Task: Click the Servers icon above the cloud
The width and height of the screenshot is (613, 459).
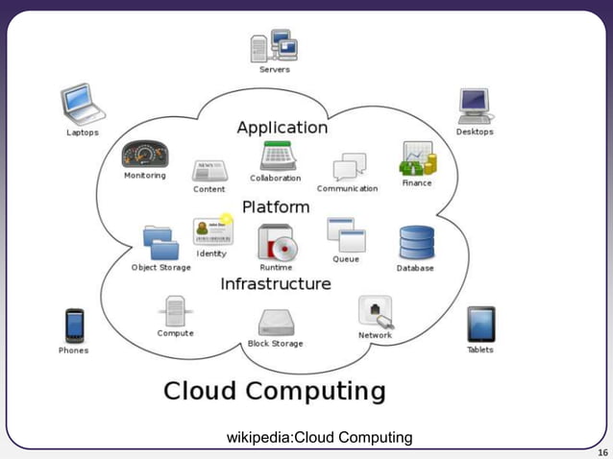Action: click(x=273, y=45)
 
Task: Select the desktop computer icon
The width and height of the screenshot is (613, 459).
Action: click(x=475, y=104)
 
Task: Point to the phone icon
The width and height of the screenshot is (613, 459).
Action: click(x=73, y=326)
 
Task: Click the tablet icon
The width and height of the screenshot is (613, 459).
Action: click(x=480, y=325)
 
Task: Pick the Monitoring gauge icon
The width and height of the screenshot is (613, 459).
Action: click(x=144, y=154)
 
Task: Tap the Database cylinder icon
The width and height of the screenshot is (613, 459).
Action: click(x=416, y=244)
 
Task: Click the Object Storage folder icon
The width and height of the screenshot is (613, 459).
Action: click(x=160, y=242)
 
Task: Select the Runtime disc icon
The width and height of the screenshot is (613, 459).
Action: click(x=276, y=242)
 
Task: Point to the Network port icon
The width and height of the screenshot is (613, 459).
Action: click(x=375, y=312)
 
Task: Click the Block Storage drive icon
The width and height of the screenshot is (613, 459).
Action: click(x=275, y=323)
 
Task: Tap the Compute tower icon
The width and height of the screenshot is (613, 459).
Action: click(x=175, y=311)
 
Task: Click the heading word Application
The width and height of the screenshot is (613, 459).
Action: click(x=282, y=127)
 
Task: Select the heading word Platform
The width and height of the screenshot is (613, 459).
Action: click(x=275, y=206)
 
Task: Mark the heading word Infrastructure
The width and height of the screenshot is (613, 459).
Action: click(x=275, y=283)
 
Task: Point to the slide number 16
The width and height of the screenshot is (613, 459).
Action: click(x=602, y=451)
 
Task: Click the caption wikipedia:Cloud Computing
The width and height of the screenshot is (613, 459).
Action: click(x=319, y=438)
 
